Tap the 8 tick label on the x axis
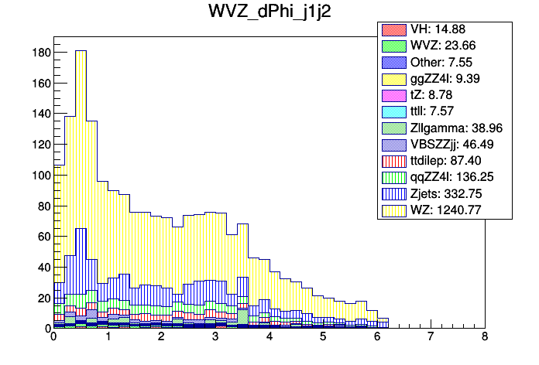(x=484, y=337)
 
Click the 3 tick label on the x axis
(x=215, y=337)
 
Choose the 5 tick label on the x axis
(x=322, y=337)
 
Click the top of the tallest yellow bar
(x=81, y=51)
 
